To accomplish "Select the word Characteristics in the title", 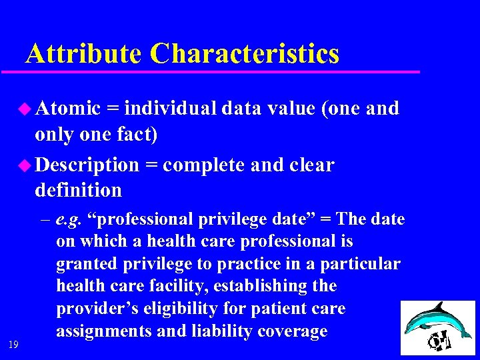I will point(245,54).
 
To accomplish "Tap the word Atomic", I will point(67,108).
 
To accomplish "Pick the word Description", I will point(87,165).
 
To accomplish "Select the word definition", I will point(78,191).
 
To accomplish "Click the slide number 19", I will point(13,344).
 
